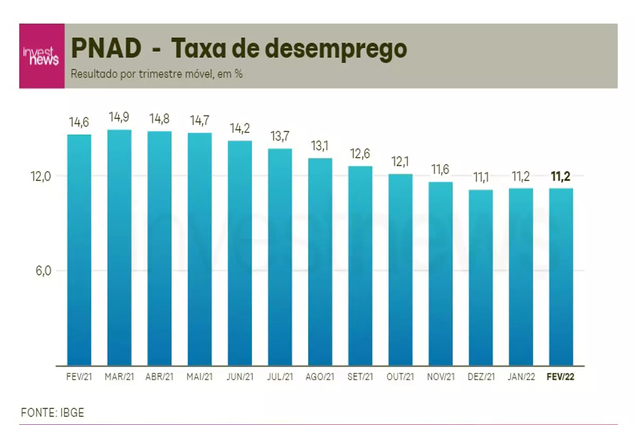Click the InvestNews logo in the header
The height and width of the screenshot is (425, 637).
coord(41,56)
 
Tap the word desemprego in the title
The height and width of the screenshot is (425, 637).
coord(335,49)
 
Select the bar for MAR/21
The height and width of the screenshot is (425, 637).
coord(119,247)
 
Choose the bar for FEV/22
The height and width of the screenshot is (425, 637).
coord(561,276)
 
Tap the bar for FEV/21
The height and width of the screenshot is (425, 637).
coord(79,250)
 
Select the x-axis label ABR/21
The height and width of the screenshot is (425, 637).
coord(159,377)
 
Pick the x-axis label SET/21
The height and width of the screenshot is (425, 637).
coord(360,377)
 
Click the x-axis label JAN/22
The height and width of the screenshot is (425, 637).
coord(521,377)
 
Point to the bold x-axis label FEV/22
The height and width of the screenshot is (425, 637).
coord(561,377)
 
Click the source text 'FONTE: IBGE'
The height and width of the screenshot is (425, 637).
coord(53,413)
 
